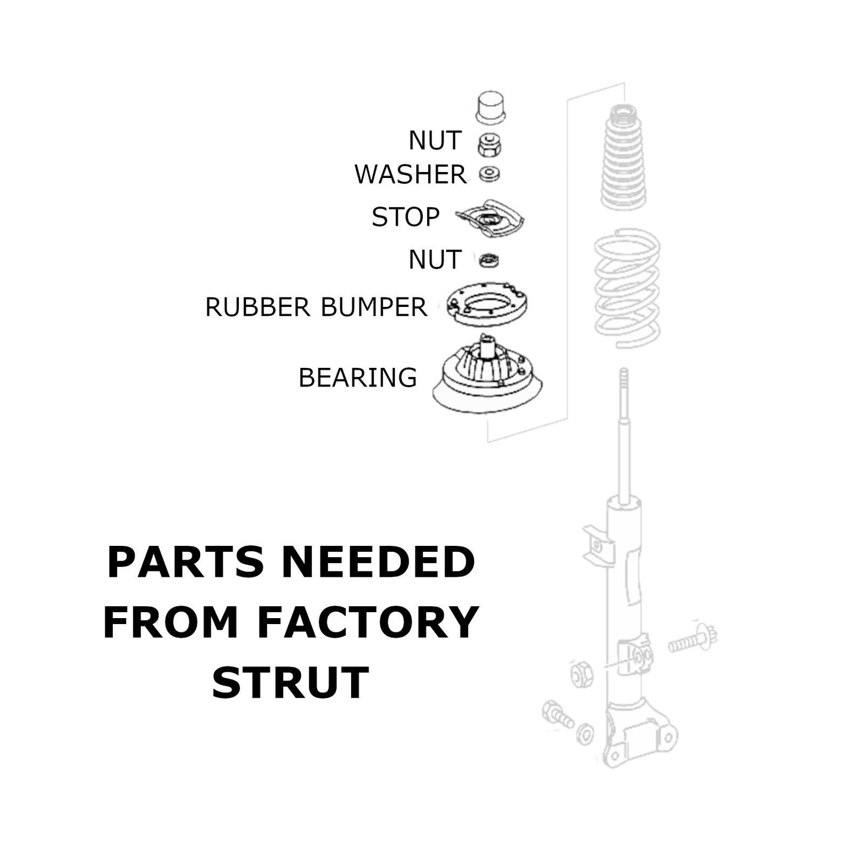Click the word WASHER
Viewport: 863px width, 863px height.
[410, 174]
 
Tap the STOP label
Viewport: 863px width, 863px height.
[406, 217]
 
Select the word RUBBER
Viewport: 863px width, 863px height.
[257, 307]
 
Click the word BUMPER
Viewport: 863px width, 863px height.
[374, 307]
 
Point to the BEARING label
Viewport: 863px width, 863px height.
[357, 377]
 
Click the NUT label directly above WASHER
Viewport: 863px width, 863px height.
[435, 140]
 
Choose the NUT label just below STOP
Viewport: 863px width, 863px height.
[435, 260]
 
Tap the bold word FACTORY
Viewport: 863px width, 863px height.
[367, 622]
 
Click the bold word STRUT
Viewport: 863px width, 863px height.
[290, 682]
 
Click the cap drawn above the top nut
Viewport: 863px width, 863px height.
[490, 108]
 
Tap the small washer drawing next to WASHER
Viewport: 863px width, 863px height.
[489, 174]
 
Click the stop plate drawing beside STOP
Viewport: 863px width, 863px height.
[490, 219]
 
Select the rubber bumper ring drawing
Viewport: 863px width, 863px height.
[487, 305]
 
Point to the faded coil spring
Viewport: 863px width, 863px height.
[627, 288]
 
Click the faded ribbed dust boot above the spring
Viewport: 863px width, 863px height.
[624, 156]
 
